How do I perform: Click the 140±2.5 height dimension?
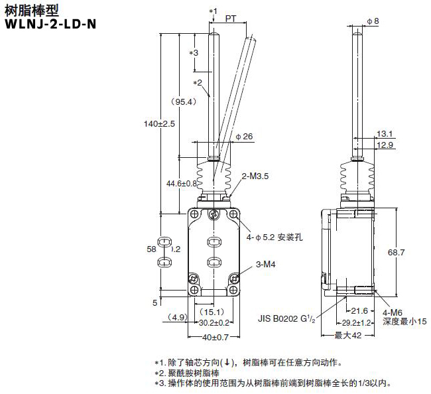[160, 123]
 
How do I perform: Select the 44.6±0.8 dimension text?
[181, 183]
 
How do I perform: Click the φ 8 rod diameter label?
[373, 21]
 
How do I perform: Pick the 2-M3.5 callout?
[255, 176]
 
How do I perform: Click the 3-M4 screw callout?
[265, 265]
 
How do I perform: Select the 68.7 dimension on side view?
[395, 252]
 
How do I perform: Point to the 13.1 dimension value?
[385, 133]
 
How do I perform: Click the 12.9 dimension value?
[385, 145]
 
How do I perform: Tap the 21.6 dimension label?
[359, 310]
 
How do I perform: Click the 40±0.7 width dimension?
[215, 337]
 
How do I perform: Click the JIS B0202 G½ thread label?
[286, 318]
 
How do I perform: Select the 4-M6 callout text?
[393, 312]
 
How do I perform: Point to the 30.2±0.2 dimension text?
[215, 323]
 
